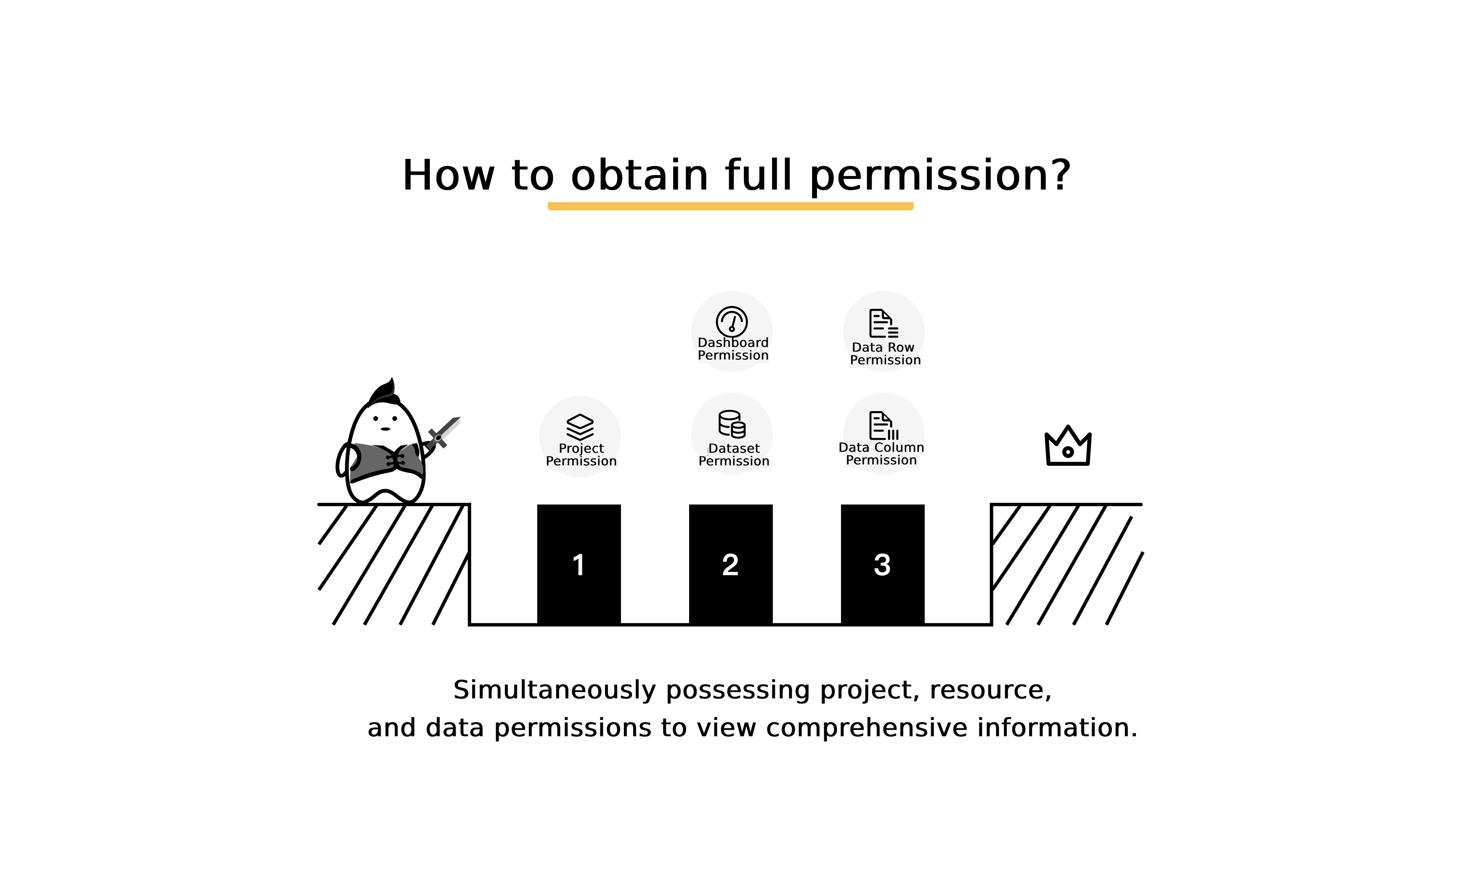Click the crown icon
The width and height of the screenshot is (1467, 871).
pos(1068,446)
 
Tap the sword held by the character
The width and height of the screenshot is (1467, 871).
pos(443,433)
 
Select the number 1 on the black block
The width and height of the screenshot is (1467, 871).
pos(578,565)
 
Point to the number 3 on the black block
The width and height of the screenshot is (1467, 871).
pos(882,565)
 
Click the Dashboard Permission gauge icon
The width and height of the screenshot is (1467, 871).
pos(732,321)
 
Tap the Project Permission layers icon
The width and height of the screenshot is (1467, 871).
pos(580,427)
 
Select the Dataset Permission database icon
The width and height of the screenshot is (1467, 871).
pos(732,424)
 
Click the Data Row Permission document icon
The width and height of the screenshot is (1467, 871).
pos(883,324)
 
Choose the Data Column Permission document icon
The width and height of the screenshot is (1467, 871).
pos(883,425)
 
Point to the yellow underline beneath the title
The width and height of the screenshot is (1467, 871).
pos(731,206)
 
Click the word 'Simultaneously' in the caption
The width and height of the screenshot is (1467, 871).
pos(554,690)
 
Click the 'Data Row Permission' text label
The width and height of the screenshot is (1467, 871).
pos(885,354)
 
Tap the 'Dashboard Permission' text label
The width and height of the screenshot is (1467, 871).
pos(733,349)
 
